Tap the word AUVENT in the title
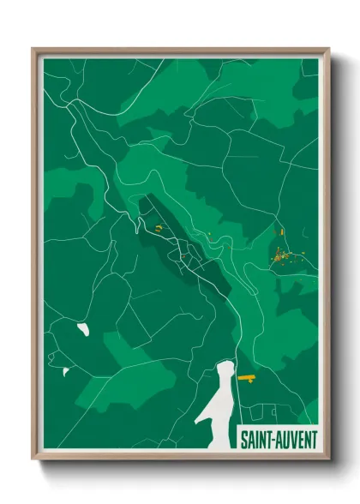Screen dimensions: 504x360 (296, 439)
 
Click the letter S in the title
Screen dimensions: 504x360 (243, 439)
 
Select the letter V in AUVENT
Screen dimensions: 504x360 (292, 439)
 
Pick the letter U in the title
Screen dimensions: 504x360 (285, 439)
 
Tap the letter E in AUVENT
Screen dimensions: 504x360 (299, 439)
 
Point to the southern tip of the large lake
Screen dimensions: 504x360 (198, 424)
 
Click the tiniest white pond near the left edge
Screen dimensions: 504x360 (64, 371)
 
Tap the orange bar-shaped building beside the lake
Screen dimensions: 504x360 (247, 376)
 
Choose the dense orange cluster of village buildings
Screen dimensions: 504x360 (279, 255)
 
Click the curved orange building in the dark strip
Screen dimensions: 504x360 (159, 227)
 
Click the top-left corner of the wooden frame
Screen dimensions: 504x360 (33, 48)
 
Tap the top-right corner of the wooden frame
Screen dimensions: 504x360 (330, 48)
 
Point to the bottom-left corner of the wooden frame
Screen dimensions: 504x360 (33, 460)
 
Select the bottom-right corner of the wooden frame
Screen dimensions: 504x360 (330, 460)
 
